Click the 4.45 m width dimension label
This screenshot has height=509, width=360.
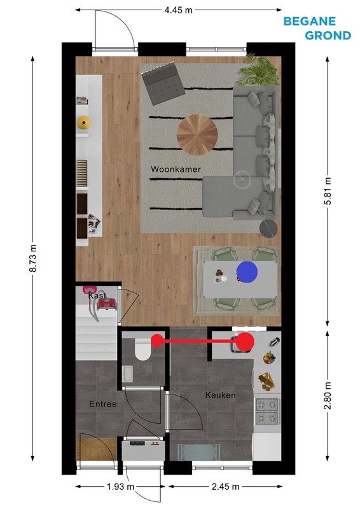[x=178, y=10]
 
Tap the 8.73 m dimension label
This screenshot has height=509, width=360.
[x=33, y=258]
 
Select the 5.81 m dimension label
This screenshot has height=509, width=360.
[x=328, y=191]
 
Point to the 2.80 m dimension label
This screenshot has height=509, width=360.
[x=328, y=395]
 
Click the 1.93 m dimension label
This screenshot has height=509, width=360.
[x=120, y=486]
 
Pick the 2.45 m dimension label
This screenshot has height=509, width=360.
[x=225, y=486]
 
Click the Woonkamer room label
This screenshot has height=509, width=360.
[x=176, y=169]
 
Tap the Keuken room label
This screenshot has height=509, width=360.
[x=221, y=395]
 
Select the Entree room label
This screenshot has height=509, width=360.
[x=103, y=404]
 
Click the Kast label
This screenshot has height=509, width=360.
[x=97, y=296]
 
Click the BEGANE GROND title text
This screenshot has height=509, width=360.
[x=317, y=28]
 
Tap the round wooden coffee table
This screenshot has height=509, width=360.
[x=197, y=135]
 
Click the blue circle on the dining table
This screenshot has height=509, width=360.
[x=247, y=272]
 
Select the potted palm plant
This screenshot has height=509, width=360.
[x=258, y=71]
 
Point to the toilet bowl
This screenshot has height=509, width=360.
[x=142, y=349]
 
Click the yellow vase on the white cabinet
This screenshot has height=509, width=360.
[x=84, y=123]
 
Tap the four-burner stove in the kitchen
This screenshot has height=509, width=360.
[x=268, y=412]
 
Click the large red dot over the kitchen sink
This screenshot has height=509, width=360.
[x=245, y=342]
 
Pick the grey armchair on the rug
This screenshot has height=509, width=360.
[x=163, y=83]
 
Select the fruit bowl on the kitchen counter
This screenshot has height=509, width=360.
[x=269, y=358]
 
